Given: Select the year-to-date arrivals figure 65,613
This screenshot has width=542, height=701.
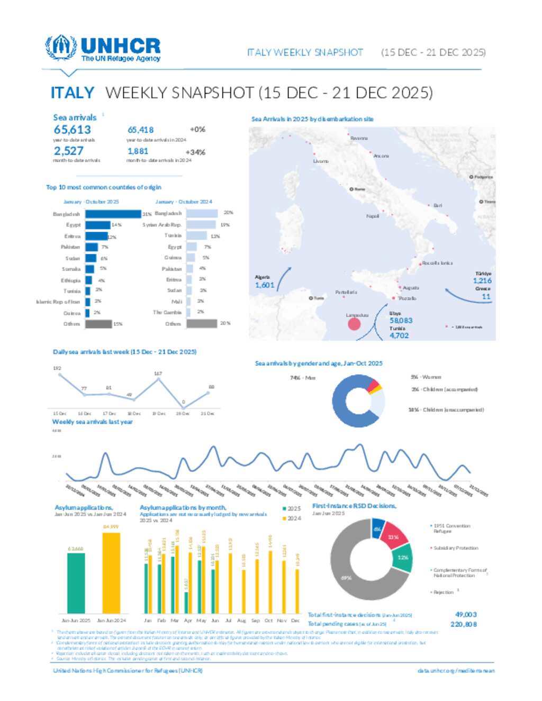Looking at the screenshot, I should (73, 130).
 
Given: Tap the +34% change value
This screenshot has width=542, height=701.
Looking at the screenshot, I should (195, 152).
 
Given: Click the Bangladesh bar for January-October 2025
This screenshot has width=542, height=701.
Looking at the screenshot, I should (113, 214).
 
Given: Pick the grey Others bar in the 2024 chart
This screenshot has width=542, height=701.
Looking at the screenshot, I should (202, 323).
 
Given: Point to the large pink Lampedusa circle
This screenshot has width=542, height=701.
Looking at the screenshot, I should (354, 324).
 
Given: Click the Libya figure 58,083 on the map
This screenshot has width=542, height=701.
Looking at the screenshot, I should (401, 321).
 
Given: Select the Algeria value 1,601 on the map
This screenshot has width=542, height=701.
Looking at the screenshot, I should (265, 285).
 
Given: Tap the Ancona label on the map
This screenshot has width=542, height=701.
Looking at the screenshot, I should (381, 156).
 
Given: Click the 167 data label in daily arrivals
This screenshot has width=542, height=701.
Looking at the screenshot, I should (158, 374).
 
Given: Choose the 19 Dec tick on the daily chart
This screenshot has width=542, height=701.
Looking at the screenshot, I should (158, 414).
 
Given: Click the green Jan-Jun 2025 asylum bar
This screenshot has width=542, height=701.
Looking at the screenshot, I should (76, 582).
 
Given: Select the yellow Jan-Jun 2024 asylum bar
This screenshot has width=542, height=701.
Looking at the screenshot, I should (111, 572).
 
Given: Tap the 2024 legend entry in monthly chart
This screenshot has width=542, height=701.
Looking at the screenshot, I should (292, 518).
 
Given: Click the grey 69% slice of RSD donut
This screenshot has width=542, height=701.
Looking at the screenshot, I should (355, 577).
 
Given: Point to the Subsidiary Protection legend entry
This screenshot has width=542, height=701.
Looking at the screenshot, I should (455, 548).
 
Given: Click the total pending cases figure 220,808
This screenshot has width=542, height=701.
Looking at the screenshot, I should (464, 624).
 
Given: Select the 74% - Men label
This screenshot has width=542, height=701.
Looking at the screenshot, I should (303, 378).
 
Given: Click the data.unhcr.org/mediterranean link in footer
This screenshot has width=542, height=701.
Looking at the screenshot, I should (456, 671).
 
